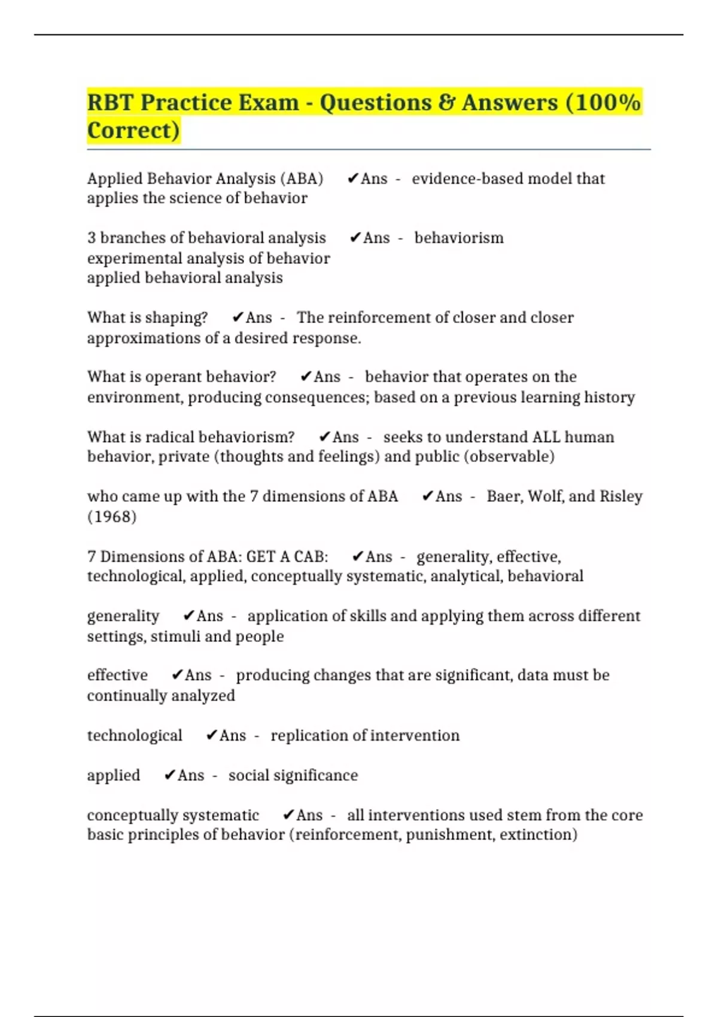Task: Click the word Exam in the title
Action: click(x=269, y=102)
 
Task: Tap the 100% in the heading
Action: click(x=603, y=102)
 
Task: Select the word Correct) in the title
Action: click(x=133, y=130)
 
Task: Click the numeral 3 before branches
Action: click(x=92, y=238)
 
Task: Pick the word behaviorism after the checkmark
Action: click(x=459, y=238)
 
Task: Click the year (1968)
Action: click(x=112, y=517)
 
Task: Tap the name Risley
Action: click(x=621, y=497)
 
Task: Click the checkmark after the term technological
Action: click(x=211, y=735)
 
